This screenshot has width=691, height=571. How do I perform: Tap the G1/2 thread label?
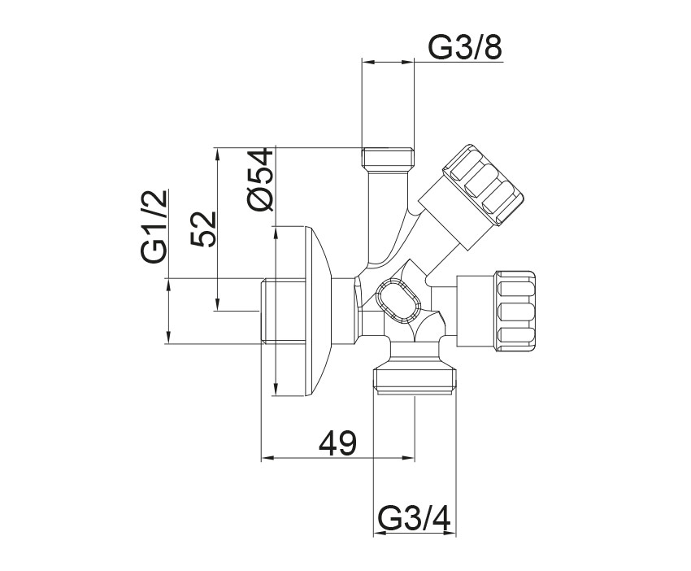(154, 226)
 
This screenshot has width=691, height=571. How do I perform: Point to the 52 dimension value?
(203, 229)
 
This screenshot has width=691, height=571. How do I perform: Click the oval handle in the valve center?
(398, 301)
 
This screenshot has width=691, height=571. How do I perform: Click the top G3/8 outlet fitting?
(388, 158)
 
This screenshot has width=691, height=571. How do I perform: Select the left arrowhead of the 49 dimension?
(266, 458)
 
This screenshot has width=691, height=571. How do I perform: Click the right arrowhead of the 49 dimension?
(410, 458)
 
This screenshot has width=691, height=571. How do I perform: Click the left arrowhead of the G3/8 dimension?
(366, 62)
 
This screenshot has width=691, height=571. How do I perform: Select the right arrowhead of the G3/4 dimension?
(451, 534)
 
